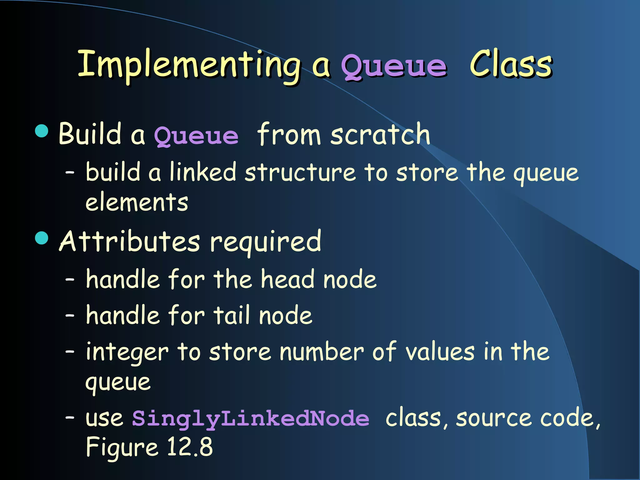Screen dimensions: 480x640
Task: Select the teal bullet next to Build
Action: pos(42,131)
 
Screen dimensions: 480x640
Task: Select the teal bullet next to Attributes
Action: pos(42,238)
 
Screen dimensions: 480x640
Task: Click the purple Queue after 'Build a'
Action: pos(196,136)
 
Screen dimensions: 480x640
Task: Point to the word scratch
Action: pos(380,134)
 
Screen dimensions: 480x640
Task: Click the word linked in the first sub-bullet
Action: pos(203,172)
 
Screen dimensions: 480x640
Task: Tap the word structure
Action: pos(300,173)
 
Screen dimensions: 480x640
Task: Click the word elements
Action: pos(137,202)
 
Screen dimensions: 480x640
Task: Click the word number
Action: pos(322,352)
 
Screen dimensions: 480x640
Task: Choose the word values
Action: pos(440,352)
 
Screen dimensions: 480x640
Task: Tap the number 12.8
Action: pos(190,447)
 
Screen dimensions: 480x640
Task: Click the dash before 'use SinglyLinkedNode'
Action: pos(70,417)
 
